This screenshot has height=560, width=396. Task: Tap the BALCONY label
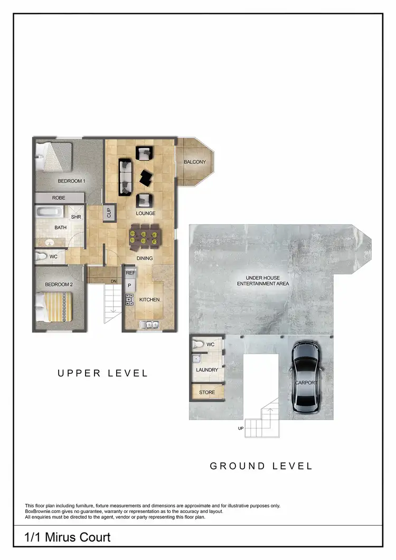point(195,162)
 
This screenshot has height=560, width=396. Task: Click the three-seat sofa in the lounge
point(126,175)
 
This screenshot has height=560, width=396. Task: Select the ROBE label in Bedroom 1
point(59,198)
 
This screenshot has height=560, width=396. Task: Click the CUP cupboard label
point(109,212)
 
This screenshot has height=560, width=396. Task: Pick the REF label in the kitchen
point(130,273)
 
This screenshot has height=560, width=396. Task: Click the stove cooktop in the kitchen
point(129,300)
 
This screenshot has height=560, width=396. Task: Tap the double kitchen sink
point(149,325)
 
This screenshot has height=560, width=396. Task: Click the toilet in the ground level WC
point(198,344)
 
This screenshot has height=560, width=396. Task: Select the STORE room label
point(207,392)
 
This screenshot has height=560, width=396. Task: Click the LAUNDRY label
point(207,370)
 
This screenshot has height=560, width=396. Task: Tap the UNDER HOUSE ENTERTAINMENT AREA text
point(263,280)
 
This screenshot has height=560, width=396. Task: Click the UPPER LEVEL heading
point(102,373)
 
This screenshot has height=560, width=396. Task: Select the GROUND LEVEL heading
point(261,466)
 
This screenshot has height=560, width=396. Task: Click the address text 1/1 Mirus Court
point(68,537)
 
